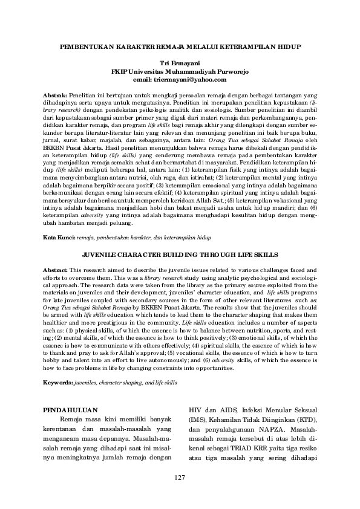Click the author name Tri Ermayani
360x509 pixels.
coord(179,63)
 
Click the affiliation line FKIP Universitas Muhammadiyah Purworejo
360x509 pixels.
coord(180,71)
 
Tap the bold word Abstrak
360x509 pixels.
coord(56,96)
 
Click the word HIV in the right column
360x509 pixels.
coord(195,409)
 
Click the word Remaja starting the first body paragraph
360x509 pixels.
coord(72,420)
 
